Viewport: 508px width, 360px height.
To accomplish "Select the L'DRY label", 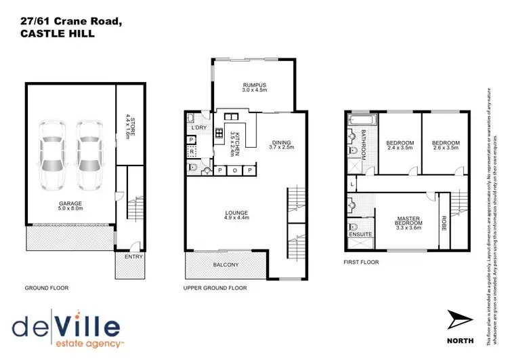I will (198, 127).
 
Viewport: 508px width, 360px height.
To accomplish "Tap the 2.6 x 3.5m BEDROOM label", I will (445, 145).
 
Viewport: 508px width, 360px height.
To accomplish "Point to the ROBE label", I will (444, 223).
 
